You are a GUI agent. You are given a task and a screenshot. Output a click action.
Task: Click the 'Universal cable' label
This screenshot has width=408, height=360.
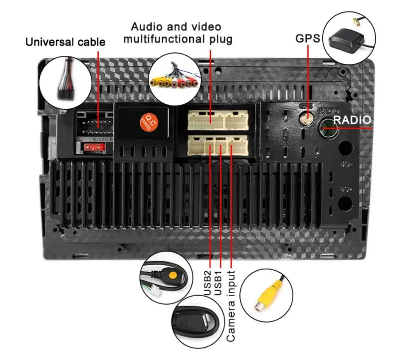click(65, 42)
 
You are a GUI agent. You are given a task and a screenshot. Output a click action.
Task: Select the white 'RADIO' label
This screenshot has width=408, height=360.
click(352, 120)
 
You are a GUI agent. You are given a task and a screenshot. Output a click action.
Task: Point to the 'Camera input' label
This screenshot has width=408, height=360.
click(231, 306)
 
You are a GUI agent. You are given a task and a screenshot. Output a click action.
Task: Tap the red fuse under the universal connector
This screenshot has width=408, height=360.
click(93, 147)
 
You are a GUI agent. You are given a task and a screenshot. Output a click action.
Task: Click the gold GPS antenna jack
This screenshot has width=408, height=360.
click(306, 118)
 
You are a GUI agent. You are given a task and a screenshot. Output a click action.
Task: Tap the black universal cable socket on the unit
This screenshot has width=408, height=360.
click(95, 122)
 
